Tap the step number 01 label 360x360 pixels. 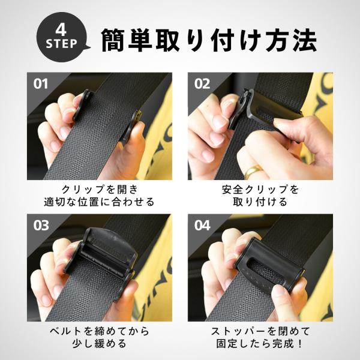40,83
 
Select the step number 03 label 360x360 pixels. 40,226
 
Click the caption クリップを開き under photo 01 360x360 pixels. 99,190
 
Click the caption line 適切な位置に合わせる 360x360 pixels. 99,202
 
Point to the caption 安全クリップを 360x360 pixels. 260,190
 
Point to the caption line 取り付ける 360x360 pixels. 260,202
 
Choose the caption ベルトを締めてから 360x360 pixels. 99,331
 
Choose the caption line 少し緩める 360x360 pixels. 99,344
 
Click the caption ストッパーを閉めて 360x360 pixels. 260,331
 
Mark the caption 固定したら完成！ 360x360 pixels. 260,344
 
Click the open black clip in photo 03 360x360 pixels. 105,255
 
